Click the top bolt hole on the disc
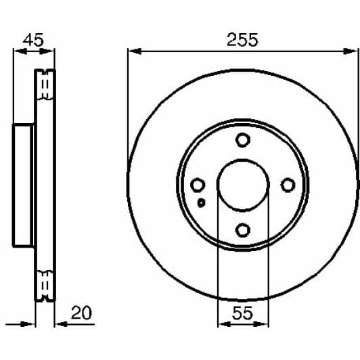pos(242,140)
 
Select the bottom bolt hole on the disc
pos(242,231)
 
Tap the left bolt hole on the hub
pos(197,185)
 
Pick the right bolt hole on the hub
pos(288,185)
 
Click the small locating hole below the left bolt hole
pos(201,202)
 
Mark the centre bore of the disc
pos(242,185)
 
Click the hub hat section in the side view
pos(23,185)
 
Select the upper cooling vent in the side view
pos(45,85)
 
